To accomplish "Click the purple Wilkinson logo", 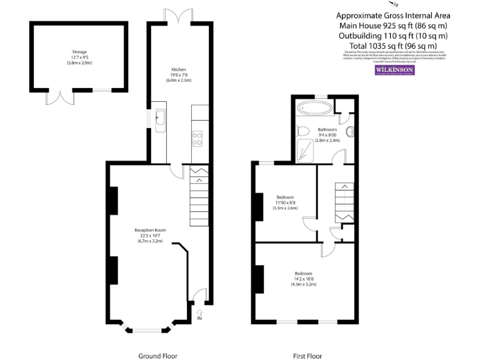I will click(x=394, y=71).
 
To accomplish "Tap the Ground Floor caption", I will click(x=157, y=356).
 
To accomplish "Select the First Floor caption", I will click(x=307, y=356).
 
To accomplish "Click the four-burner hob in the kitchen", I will click(x=197, y=137).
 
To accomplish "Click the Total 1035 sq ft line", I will click(x=393, y=46).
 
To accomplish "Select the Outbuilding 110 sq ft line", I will click(x=393, y=36).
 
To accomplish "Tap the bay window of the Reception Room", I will click(x=146, y=329).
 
